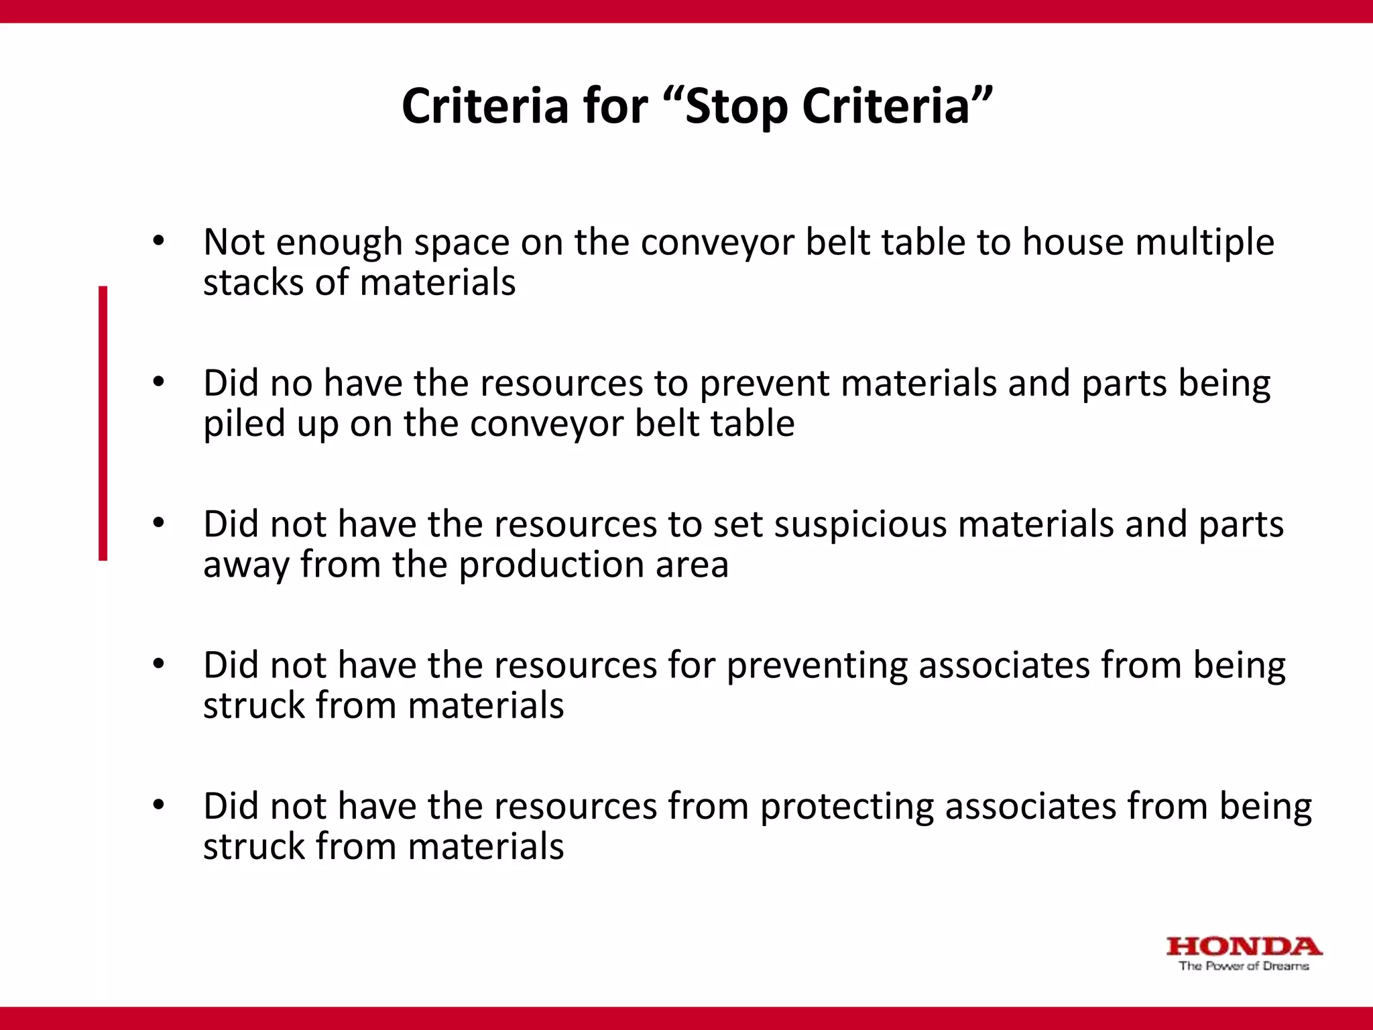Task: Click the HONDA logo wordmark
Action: click(1244, 947)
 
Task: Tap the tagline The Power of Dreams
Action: click(1244, 966)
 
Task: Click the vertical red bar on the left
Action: click(103, 422)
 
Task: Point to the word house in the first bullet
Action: click(1073, 242)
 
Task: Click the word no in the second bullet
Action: click(292, 384)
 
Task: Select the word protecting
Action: click(847, 807)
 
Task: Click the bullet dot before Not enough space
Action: click(158, 241)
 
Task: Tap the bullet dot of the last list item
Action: click(158, 805)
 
